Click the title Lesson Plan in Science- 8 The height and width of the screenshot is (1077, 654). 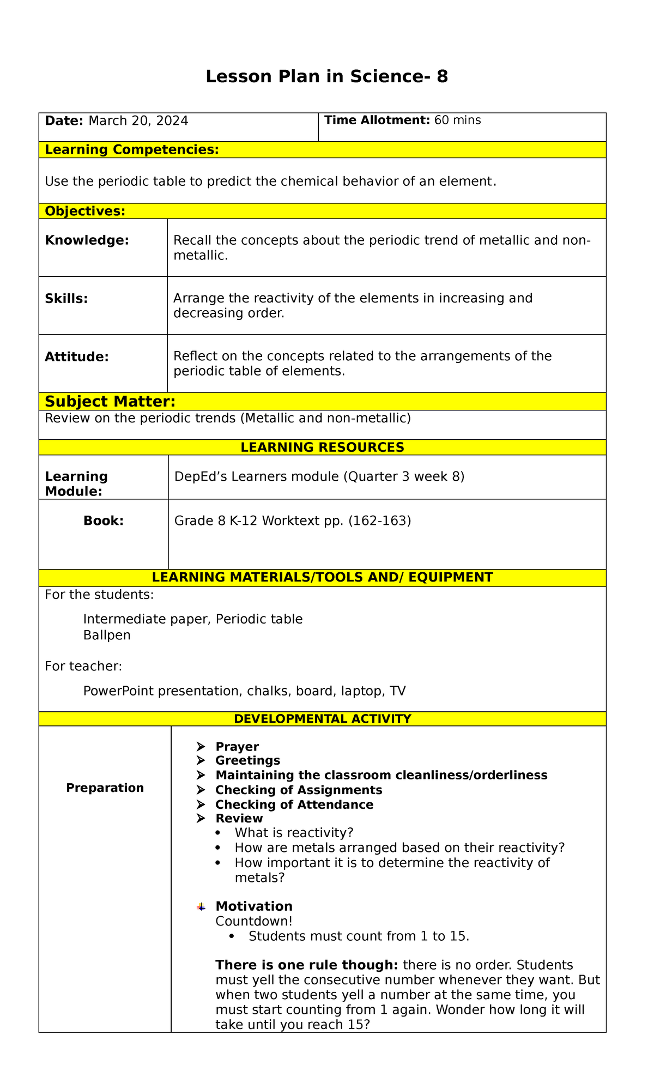click(x=326, y=77)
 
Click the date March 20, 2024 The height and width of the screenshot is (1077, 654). click(x=138, y=121)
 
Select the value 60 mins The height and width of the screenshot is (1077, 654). click(x=457, y=120)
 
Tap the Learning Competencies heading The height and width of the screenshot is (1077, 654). click(x=131, y=150)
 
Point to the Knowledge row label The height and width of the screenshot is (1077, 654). click(x=87, y=240)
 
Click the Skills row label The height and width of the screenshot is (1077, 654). click(x=66, y=299)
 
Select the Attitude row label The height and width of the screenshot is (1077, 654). click(x=76, y=357)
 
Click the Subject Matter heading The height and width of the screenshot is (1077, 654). click(x=110, y=402)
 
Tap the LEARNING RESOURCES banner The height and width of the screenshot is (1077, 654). click(x=322, y=447)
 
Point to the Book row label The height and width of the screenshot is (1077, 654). click(x=103, y=521)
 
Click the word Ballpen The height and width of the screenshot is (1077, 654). click(x=107, y=636)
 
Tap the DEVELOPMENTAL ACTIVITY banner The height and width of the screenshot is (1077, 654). click(x=322, y=719)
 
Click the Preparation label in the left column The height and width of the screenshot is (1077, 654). click(x=105, y=788)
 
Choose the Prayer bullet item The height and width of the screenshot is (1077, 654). click(x=237, y=747)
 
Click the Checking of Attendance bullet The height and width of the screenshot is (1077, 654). click(x=294, y=805)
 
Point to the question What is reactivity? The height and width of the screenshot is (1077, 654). click(x=294, y=833)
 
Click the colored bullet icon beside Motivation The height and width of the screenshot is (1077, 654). click(x=201, y=907)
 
